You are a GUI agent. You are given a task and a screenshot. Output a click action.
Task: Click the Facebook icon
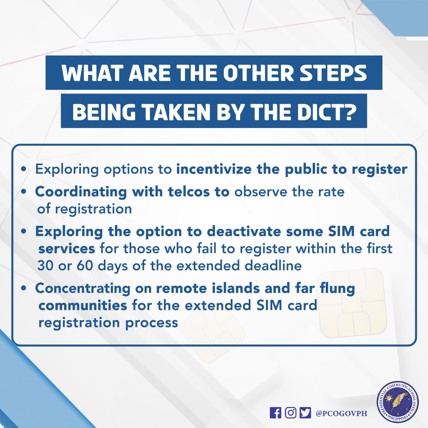point(275,413)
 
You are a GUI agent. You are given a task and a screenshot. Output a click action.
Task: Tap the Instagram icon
point(290,413)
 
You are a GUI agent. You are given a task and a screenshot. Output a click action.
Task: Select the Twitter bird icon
point(305,413)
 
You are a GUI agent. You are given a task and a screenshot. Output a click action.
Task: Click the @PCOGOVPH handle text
point(341,413)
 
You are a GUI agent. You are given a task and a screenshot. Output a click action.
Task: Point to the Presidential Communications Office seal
point(397,402)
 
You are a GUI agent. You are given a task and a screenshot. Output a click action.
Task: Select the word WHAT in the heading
point(92,73)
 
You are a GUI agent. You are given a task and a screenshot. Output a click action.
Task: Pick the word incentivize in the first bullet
point(214,169)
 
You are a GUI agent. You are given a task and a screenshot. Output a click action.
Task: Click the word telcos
point(189,192)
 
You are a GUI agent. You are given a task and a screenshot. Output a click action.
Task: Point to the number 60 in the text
point(85,265)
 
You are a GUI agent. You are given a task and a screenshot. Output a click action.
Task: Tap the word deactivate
point(244,231)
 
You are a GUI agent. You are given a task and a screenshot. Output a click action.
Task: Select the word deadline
point(273,265)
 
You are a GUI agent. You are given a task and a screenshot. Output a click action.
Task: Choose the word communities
point(83,306)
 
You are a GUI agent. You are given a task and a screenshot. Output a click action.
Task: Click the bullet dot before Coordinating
point(24,192)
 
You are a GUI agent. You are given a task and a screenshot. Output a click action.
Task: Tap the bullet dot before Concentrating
point(24,288)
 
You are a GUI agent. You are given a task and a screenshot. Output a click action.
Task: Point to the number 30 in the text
point(46,265)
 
